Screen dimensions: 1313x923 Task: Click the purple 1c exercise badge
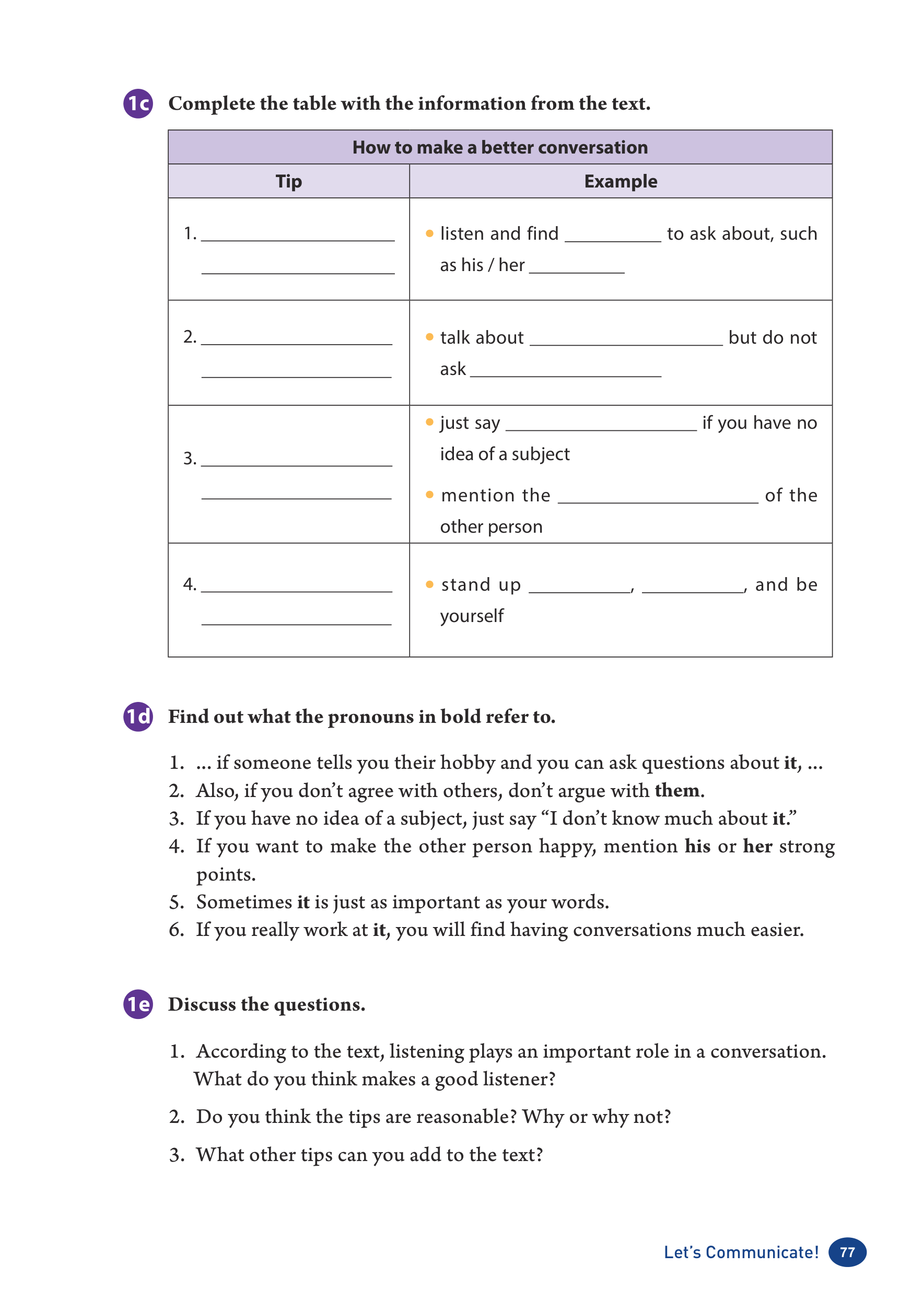(138, 103)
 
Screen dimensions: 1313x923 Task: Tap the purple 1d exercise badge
(138, 717)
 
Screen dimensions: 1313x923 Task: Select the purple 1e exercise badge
(138, 1004)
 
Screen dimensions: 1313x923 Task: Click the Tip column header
(288, 181)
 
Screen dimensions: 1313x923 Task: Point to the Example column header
(621, 181)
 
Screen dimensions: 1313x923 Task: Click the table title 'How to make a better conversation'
(500, 147)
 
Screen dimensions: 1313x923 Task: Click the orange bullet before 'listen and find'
(429, 233)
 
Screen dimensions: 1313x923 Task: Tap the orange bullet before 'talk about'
(429, 337)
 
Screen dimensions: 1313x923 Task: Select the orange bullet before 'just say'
(429, 422)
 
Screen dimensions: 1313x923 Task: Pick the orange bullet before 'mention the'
(429, 495)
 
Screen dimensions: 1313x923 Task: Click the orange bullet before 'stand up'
(429, 584)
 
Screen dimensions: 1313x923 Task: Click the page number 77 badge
(847, 1252)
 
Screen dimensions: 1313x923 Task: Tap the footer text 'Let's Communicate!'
(741, 1252)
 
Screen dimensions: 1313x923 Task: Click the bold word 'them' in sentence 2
(677, 790)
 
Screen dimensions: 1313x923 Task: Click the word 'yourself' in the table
(472, 616)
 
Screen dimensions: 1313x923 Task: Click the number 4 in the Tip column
(189, 584)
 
